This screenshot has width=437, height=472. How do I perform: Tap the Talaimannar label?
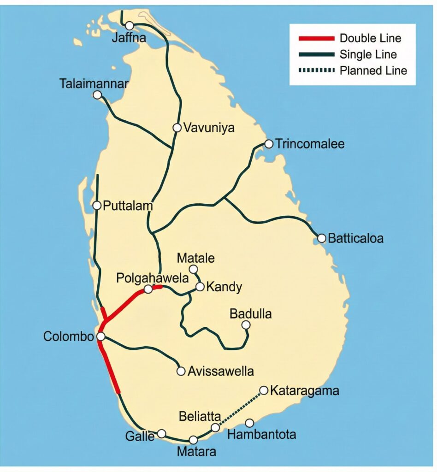click(x=94, y=84)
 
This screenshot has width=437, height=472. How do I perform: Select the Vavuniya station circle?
click(x=177, y=128)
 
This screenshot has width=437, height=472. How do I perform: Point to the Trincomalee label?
click(x=310, y=144)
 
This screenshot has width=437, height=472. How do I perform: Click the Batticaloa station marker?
click(x=322, y=238)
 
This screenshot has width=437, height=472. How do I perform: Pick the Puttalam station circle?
click(x=97, y=206)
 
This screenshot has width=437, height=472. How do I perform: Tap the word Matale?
click(x=196, y=258)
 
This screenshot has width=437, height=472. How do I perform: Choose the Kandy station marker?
click(x=200, y=287)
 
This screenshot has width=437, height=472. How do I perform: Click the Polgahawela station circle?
click(x=148, y=289)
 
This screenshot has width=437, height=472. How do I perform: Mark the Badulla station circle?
click(x=246, y=325)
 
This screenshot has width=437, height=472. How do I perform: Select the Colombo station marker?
click(x=100, y=336)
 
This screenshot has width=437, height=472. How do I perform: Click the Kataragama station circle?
click(x=264, y=390)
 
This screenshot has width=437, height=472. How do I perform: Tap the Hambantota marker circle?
click(x=249, y=423)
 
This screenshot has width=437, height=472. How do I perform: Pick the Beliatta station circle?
click(x=215, y=428)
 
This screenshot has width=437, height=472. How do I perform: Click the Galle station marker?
click(x=161, y=433)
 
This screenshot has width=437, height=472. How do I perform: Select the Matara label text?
click(x=196, y=452)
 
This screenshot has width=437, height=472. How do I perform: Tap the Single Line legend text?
click(x=368, y=54)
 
